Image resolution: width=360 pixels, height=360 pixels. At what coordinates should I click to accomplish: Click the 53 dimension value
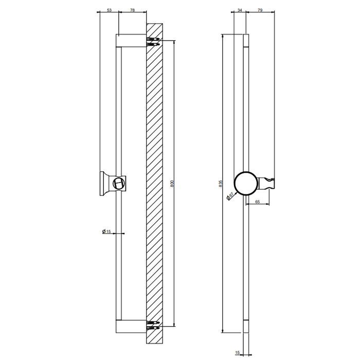109,10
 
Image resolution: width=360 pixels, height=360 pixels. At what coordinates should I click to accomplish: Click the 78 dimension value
132,10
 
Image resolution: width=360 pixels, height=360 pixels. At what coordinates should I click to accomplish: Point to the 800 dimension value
172,184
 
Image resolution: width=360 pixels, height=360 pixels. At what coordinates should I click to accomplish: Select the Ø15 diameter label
107,232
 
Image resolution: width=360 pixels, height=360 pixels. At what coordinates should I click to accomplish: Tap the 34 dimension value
240,10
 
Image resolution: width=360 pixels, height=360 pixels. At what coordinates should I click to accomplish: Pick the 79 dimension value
260,10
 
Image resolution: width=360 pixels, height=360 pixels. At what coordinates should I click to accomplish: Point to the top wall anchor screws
153,40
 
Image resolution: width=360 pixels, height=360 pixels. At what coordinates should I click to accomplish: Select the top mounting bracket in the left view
131,40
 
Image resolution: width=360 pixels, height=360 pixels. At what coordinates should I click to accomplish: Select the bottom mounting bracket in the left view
131,326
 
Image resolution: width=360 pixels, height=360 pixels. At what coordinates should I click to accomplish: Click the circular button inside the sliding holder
120,183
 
